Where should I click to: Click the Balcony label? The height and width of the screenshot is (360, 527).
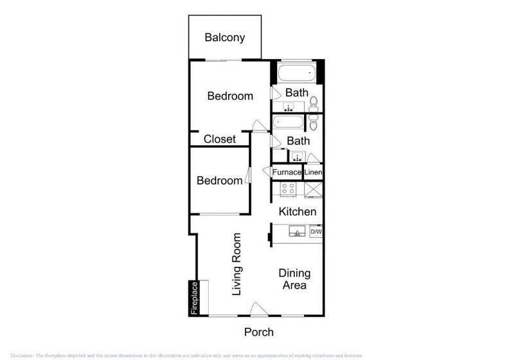coord(224,37)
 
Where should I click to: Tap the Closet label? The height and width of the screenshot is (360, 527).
coord(220,139)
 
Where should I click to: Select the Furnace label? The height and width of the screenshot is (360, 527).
coord(287,173)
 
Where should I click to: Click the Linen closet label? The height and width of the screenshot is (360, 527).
coord(313,173)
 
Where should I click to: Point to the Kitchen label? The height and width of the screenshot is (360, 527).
coord(297,212)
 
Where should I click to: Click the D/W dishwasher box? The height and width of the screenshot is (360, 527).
coord(316,231)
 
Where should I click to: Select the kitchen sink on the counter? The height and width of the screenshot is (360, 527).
coord(297,231)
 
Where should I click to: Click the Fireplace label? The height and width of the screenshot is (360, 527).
coord(194,298)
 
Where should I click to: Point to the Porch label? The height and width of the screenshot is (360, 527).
coord(259,332)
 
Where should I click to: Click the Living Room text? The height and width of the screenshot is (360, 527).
coord(237,264)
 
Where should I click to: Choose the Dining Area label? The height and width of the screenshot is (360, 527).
coord(295,280)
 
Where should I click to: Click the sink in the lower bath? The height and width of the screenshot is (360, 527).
coord(297,156)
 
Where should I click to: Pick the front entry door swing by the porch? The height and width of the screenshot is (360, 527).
coord(256,309)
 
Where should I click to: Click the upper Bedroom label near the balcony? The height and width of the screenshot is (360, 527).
coord(230,96)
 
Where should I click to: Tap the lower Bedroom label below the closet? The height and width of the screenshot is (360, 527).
coord(220,181)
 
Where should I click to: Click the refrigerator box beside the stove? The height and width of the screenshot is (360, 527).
coord(314,190)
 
